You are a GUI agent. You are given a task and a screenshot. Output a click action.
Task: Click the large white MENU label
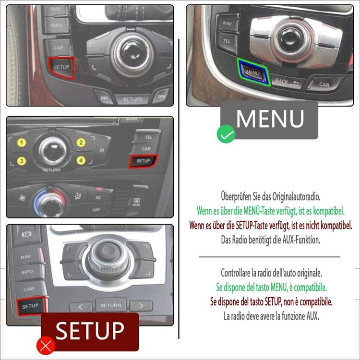270,119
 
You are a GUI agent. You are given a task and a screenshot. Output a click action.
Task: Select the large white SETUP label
90,331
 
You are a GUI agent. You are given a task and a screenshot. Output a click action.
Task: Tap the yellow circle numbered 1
21,143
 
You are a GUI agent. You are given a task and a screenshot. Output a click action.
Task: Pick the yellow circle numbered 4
81,160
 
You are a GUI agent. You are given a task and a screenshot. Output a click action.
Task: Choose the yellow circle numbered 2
81,143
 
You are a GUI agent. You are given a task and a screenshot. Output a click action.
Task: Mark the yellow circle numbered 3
21,161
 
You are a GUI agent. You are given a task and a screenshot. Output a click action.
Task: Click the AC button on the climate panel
98,198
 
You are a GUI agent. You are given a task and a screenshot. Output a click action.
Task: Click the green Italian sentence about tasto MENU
271,288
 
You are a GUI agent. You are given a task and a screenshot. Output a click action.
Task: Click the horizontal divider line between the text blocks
269,257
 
